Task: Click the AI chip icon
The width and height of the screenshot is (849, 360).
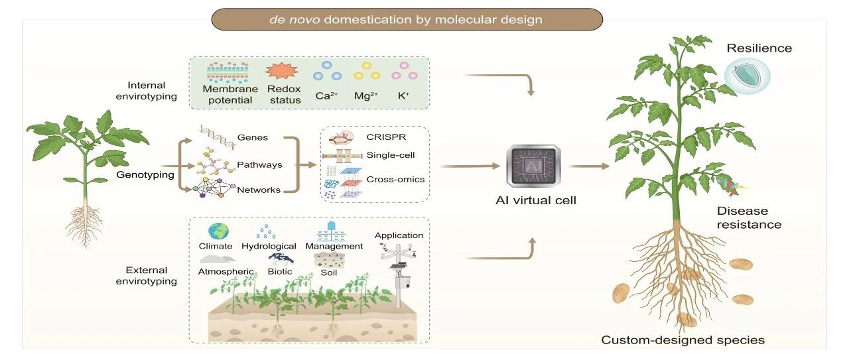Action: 533,166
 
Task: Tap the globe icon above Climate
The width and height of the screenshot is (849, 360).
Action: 218,231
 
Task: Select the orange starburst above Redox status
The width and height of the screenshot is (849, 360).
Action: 282,71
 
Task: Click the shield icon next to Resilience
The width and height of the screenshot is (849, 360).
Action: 747,76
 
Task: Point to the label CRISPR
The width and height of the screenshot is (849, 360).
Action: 386,137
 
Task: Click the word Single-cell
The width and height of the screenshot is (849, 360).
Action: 391,155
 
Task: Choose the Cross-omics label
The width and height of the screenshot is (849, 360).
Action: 395,179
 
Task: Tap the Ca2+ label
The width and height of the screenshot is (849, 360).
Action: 326,95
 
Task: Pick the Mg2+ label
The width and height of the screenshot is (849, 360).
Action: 365,95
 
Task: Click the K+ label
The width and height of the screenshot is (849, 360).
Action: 403,95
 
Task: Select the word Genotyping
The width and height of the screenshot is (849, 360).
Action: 145,174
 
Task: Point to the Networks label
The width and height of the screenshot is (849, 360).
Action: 259,190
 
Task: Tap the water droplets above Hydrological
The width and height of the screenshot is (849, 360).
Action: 266,231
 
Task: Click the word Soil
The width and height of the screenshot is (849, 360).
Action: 328,272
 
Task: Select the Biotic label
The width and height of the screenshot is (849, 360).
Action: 280,271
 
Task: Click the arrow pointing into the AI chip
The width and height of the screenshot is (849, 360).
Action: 470,166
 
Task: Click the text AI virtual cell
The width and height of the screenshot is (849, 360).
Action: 535,200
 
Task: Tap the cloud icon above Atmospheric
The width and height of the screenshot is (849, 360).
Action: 217,259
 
